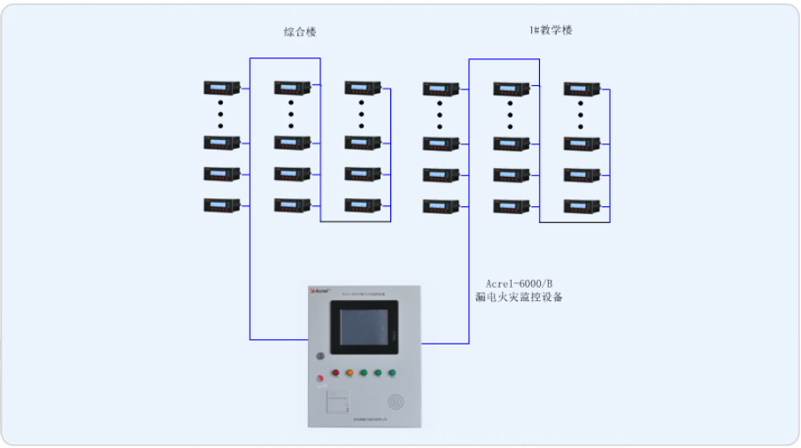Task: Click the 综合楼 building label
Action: click(300, 32)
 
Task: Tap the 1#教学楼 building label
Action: click(551, 30)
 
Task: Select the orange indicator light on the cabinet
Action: click(350, 374)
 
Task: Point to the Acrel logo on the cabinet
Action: click(320, 290)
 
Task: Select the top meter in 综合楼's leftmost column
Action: click(221, 88)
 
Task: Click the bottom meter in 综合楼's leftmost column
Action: click(221, 205)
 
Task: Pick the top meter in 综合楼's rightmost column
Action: click(362, 88)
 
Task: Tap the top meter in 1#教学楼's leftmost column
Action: click(440, 89)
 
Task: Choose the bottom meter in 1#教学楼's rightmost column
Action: click(581, 206)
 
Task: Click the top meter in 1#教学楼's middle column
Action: click(511, 89)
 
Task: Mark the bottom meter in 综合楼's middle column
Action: click(291, 205)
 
